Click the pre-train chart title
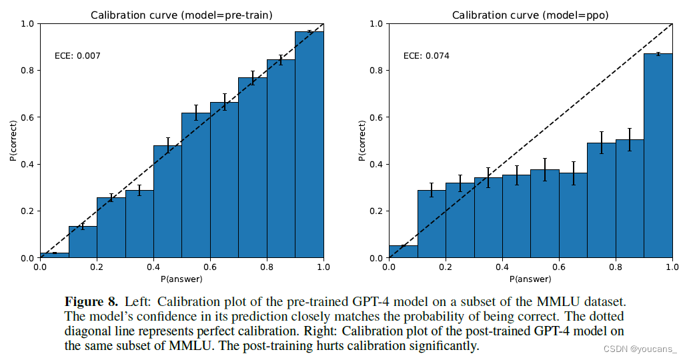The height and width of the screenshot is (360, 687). pyautogui.click(x=181, y=15)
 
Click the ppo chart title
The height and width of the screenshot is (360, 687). pyautogui.click(x=530, y=15)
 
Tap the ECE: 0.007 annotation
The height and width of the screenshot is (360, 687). pyautogui.click(x=77, y=55)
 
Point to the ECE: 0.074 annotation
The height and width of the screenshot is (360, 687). pyautogui.click(x=426, y=55)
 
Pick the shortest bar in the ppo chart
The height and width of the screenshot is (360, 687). pyautogui.click(x=403, y=252)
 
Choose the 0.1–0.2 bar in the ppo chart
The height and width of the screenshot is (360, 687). pyautogui.click(x=432, y=224)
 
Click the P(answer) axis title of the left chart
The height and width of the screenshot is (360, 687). pyautogui.click(x=181, y=278)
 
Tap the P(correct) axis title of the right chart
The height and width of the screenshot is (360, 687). pyautogui.click(x=362, y=141)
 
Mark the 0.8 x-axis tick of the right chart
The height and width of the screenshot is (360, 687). pyautogui.click(x=616, y=267)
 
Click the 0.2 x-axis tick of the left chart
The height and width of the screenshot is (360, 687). pyautogui.click(x=97, y=267)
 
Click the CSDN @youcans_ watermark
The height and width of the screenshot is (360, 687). pyautogui.click(x=644, y=349)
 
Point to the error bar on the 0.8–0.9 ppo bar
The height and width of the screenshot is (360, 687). pyautogui.click(x=630, y=139)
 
